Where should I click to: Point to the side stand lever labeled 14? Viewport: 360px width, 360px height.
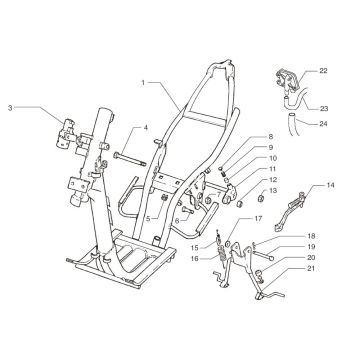click(299, 212)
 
